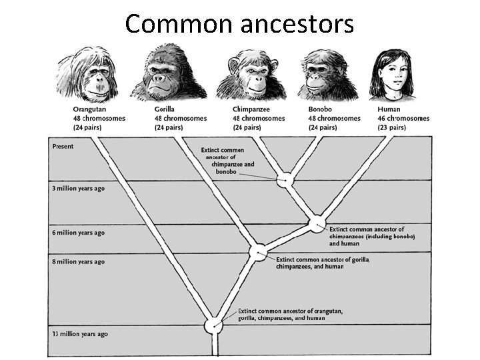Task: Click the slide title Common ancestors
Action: click(239, 24)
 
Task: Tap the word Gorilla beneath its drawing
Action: click(165, 109)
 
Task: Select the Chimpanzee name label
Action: click(252, 109)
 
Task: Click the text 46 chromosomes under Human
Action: click(403, 118)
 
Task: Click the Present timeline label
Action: click(63, 146)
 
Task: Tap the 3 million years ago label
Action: click(79, 188)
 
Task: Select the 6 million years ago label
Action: click(79, 233)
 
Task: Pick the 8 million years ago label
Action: click(79, 262)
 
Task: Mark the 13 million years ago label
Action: click(80, 333)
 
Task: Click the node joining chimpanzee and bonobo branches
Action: click(286, 179)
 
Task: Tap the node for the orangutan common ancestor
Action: click(214, 325)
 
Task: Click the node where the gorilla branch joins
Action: click(258, 252)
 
